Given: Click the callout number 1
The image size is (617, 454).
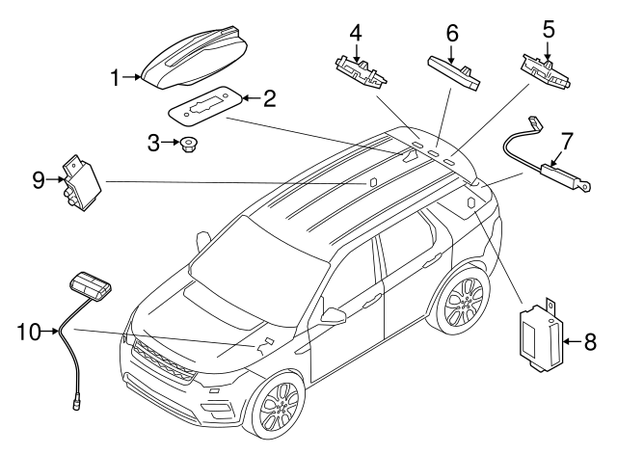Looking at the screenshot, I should [116, 77].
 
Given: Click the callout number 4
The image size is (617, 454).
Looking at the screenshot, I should [356, 31].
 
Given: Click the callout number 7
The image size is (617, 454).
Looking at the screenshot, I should [568, 140].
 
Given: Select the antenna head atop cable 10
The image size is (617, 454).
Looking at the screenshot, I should [91, 286].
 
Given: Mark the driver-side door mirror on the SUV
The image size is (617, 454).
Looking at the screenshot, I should [334, 315].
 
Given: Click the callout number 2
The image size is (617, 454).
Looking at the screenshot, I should [270, 98].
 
